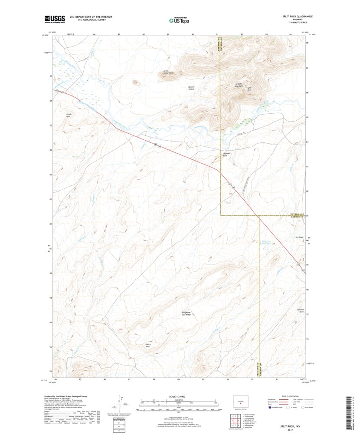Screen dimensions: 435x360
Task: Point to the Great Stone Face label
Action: [x=168, y=72]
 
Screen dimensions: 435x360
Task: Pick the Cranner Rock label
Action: [x=225, y=154]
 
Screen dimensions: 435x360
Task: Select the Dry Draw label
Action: [x=299, y=237]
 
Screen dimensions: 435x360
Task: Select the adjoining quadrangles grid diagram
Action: [x=233, y=420]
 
